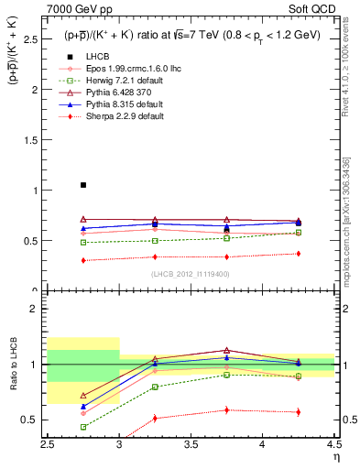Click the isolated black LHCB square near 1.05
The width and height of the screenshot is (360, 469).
83,185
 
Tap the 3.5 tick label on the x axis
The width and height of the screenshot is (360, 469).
191,444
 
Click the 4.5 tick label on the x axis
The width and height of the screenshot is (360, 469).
333,444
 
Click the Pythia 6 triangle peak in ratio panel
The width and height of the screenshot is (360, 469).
226,350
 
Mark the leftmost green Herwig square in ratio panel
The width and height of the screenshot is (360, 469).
83,427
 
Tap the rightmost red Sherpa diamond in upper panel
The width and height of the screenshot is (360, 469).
298,254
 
